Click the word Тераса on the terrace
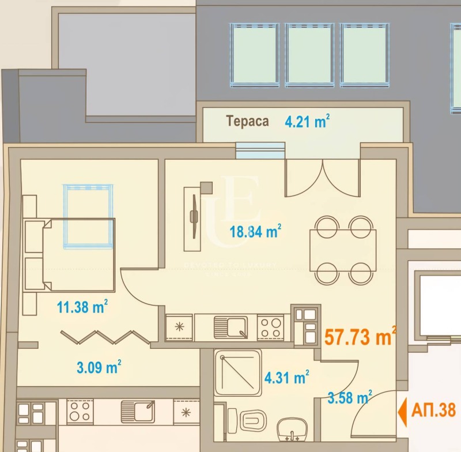coord(247,122)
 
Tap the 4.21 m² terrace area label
coord(307,122)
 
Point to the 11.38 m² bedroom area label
coord(82,307)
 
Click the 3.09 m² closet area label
coord(99,366)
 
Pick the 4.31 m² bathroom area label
coord(286,378)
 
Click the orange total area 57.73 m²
coord(360,336)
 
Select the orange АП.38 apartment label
coord(434,410)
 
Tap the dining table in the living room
coord(343,250)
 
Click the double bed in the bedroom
coord(72,255)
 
